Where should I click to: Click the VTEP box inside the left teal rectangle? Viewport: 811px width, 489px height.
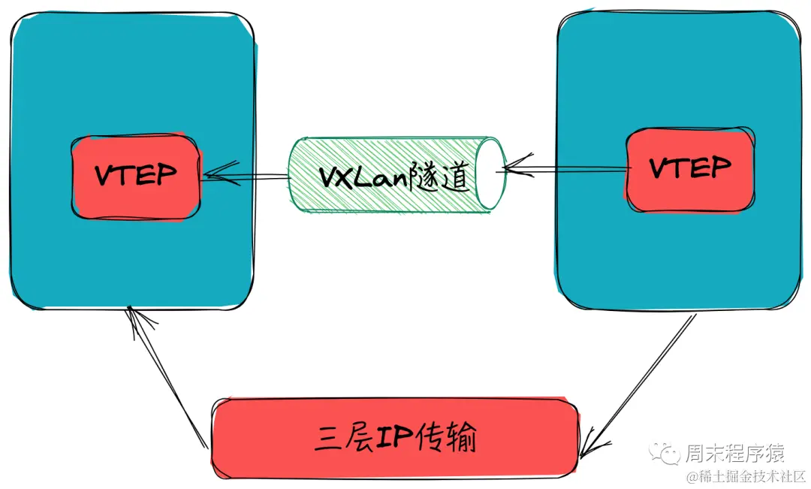click(136, 177)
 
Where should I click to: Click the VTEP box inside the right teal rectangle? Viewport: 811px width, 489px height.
click(689, 170)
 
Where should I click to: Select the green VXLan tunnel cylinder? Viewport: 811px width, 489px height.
click(375, 174)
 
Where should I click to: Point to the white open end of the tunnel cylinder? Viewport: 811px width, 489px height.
click(487, 174)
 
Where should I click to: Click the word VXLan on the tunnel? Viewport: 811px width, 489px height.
click(356, 177)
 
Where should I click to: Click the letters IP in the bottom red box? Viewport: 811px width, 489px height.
click(394, 438)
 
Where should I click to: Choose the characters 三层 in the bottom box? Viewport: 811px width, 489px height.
click(342, 438)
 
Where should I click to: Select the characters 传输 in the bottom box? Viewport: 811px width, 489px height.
click(448, 438)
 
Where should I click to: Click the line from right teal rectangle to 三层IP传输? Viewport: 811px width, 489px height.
click(646, 376)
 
